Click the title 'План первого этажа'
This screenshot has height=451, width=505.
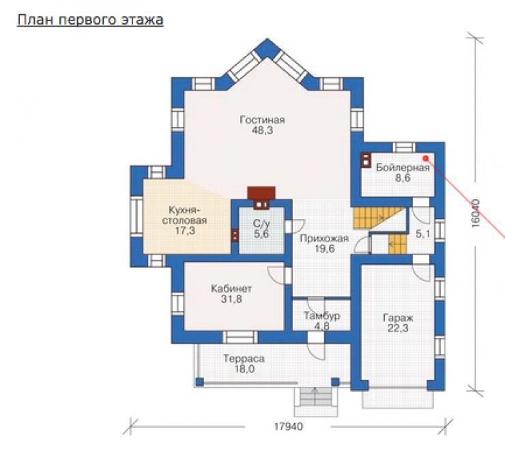pyautogui.click(x=90, y=20)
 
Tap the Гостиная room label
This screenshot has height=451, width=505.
pyautogui.click(x=262, y=120)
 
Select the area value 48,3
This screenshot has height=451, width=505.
pyautogui.click(x=262, y=130)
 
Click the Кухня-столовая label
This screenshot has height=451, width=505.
pyautogui.click(x=184, y=216)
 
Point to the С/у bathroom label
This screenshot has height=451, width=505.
pyautogui.click(x=261, y=223)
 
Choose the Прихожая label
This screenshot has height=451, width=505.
pyautogui.click(x=324, y=239)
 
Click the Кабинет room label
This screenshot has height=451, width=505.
pyautogui.click(x=231, y=289)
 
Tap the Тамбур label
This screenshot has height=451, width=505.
pyautogui.click(x=321, y=316)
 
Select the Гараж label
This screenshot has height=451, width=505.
pyautogui.click(x=398, y=318)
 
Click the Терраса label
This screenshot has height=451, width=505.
pyautogui.click(x=244, y=359)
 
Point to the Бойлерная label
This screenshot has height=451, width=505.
pyautogui.click(x=403, y=167)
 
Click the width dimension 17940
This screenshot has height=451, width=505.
pyautogui.click(x=289, y=426)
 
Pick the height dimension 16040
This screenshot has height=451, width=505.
pyautogui.click(x=476, y=214)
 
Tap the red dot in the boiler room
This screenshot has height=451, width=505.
pyautogui.click(x=425, y=158)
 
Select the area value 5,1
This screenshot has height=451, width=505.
pyautogui.click(x=423, y=234)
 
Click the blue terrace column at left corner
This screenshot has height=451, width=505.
pyautogui.click(x=200, y=382)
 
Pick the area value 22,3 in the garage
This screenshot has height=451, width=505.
pyautogui.click(x=398, y=328)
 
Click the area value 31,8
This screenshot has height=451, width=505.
pyautogui.click(x=231, y=299)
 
